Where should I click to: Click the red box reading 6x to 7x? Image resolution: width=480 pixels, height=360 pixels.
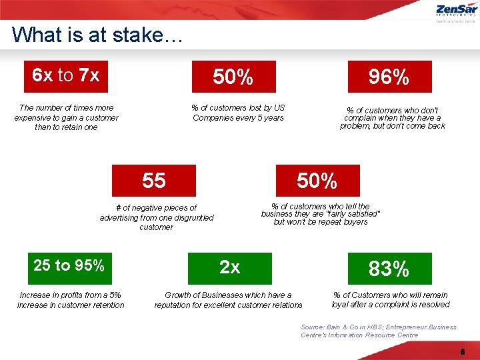pyautogui.click(x=65, y=76)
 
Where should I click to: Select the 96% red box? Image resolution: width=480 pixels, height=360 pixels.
pyautogui.click(x=389, y=77)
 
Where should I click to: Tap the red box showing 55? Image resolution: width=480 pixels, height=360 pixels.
pyautogui.click(x=154, y=181)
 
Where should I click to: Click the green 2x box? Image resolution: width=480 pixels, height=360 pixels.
pyautogui.click(x=230, y=268)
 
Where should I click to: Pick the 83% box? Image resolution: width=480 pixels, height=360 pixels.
pyautogui.click(x=389, y=269)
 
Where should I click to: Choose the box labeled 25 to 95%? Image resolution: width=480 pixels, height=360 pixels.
pyautogui.click(x=69, y=266)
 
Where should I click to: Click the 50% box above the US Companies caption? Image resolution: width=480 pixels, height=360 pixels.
pyautogui.click(x=233, y=77)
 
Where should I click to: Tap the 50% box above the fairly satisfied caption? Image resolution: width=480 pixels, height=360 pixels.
pyautogui.click(x=317, y=181)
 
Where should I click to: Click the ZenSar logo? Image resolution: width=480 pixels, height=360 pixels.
pyautogui.click(x=456, y=12)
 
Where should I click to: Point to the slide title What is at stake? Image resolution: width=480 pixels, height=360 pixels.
pyautogui.click(x=96, y=34)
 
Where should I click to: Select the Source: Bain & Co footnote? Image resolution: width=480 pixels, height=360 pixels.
pyautogui.click(x=379, y=331)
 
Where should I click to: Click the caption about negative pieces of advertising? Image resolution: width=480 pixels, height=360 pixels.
pyautogui.click(x=157, y=217)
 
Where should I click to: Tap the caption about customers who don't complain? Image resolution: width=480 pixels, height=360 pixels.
pyautogui.click(x=392, y=118)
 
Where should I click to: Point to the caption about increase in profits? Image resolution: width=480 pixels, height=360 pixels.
pyautogui.click(x=71, y=300)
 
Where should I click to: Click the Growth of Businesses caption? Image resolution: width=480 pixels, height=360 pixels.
pyautogui.click(x=228, y=300)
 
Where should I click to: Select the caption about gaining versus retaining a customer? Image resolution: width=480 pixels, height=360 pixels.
pyautogui.click(x=67, y=117)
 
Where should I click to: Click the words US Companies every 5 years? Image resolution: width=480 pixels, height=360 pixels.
pyautogui.click(x=238, y=118)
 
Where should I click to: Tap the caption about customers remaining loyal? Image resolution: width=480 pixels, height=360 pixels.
pyautogui.click(x=391, y=300)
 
